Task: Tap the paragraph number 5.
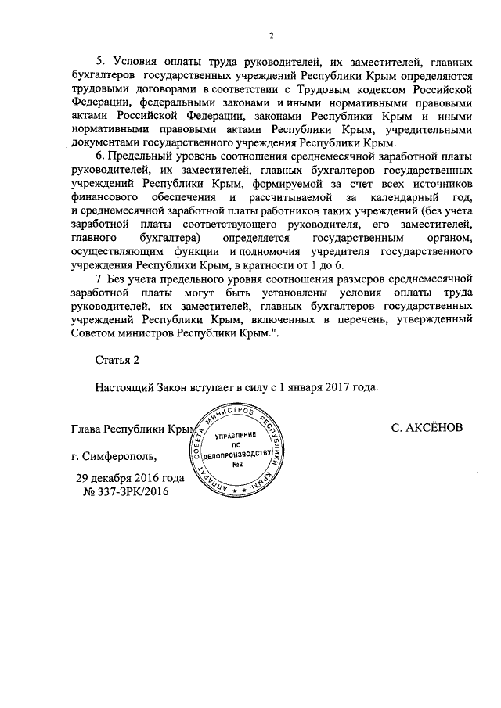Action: coord(99,62)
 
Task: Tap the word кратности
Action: coord(276,264)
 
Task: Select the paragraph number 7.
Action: coord(99,279)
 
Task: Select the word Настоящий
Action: coord(124,386)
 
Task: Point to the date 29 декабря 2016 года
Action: coord(130,478)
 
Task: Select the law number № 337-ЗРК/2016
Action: coord(125,491)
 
